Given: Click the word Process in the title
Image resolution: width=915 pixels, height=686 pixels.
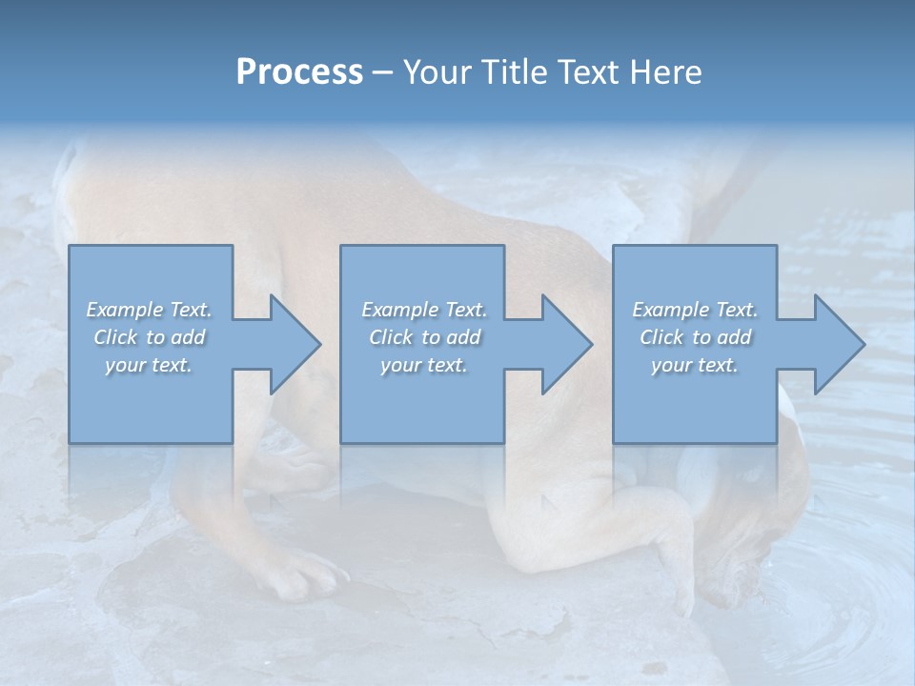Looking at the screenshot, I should (x=299, y=72).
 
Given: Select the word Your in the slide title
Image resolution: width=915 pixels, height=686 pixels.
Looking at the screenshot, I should (x=438, y=72).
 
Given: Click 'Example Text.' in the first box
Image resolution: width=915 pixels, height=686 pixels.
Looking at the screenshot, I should (x=149, y=310).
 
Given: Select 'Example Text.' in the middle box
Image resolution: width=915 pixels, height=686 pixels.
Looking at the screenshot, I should (x=424, y=310).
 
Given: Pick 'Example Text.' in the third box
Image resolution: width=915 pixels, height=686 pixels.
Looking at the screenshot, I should (x=695, y=310).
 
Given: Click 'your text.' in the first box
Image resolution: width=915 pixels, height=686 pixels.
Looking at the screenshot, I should (x=149, y=365).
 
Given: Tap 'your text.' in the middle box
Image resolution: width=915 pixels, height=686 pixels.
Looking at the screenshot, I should (x=424, y=365).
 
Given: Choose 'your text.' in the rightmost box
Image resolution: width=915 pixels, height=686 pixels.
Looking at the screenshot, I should (x=695, y=365).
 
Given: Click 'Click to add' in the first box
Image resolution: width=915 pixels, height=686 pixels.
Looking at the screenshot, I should (x=149, y=337).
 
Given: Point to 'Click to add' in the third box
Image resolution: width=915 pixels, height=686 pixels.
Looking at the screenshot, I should (x=695, y=337).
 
